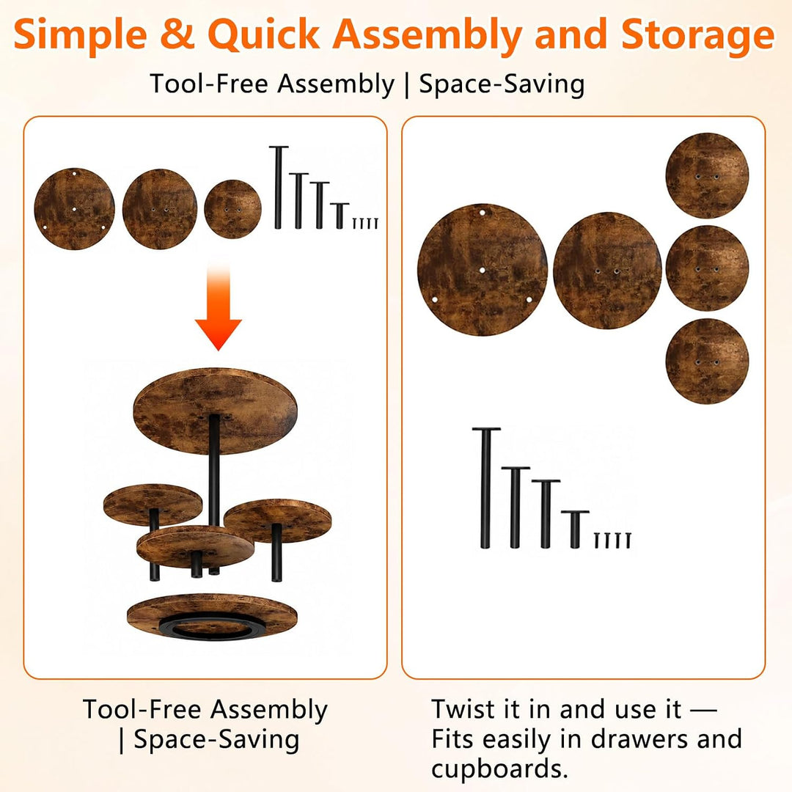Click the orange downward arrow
pos(219,308)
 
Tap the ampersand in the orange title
pos(177,35)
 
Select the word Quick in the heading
pos(264,35)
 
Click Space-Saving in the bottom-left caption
pos(216,741)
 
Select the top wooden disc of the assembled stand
pos(215,410)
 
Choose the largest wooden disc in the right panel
pos(483,270)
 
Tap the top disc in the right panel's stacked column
pos(707,175)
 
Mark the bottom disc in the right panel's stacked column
pos(707,361)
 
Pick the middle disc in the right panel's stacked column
pos(707,268)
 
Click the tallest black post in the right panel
pos(486,488)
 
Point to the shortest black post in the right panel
pos(575,529)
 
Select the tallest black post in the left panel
pos(278,188)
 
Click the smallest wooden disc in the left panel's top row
pos(233,209)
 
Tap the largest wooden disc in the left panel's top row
pos(74,208)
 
